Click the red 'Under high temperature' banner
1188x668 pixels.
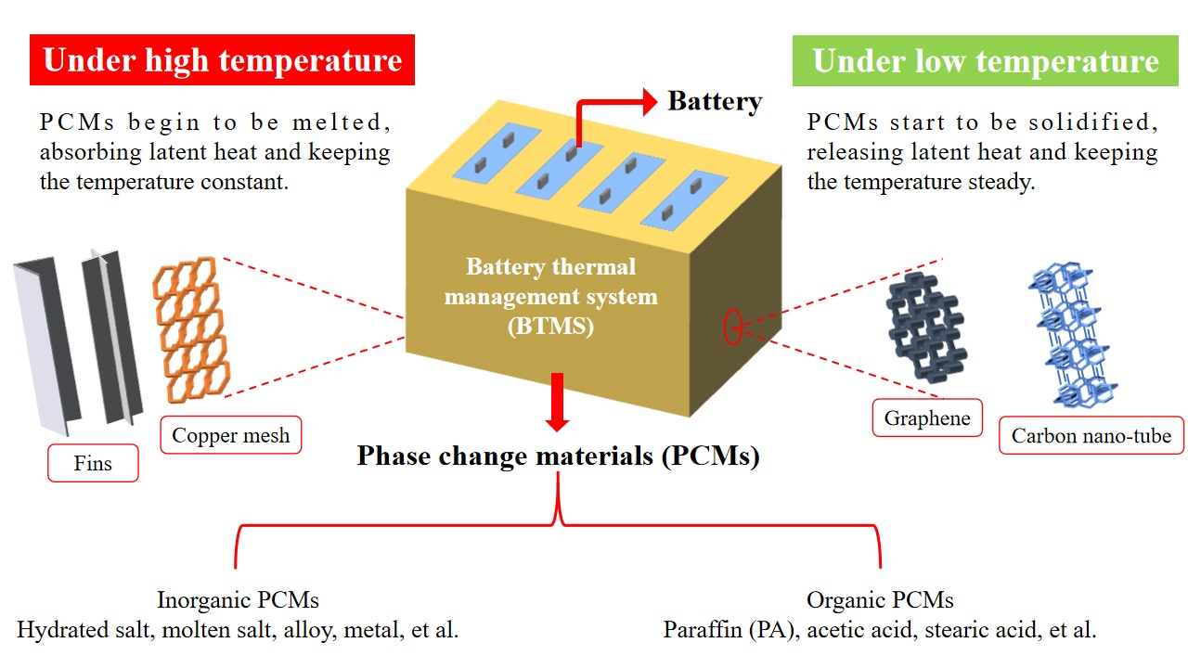point(222,61)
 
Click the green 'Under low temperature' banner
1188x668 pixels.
point(985,61)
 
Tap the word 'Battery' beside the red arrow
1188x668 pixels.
point(715,101)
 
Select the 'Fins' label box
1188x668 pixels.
point(93,463)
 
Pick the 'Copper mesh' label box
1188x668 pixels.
point(231,435)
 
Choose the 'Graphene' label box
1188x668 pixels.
point(926,417)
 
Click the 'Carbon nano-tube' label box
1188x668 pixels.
point(1091,435)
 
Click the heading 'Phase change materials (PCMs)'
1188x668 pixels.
point(558,456)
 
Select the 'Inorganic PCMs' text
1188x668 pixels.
point(238,600)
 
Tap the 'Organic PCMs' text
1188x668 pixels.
point(880,600)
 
